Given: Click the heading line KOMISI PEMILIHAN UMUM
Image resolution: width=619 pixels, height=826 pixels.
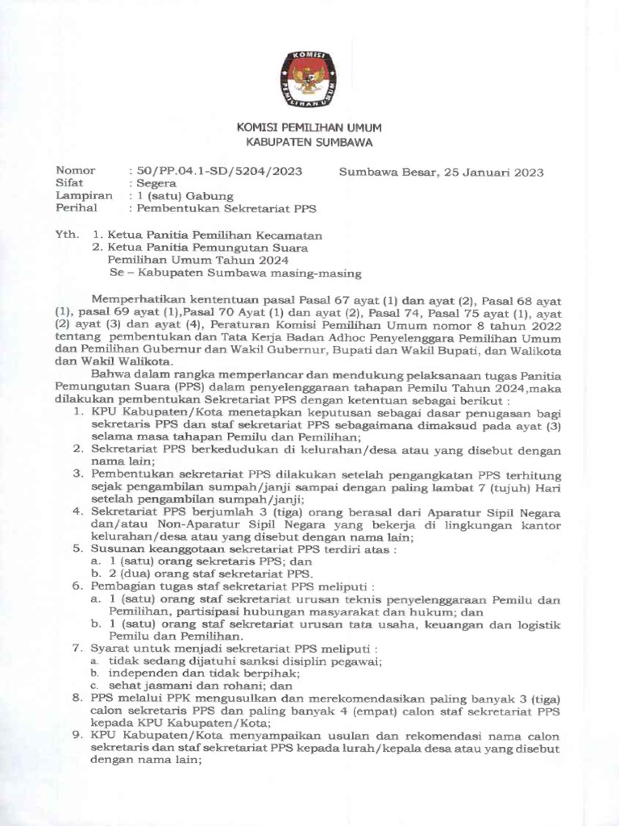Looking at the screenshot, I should pyautogui.click(x=309, y=128).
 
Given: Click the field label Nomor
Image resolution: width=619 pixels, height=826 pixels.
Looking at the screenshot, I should pyautogui.click(x=75, y=171).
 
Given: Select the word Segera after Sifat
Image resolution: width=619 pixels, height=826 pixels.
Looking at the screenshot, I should pyautogui.click(x=158, y=183).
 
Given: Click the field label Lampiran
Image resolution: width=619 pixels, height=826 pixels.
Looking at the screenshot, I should pyautogui.click(x=84, y=195).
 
